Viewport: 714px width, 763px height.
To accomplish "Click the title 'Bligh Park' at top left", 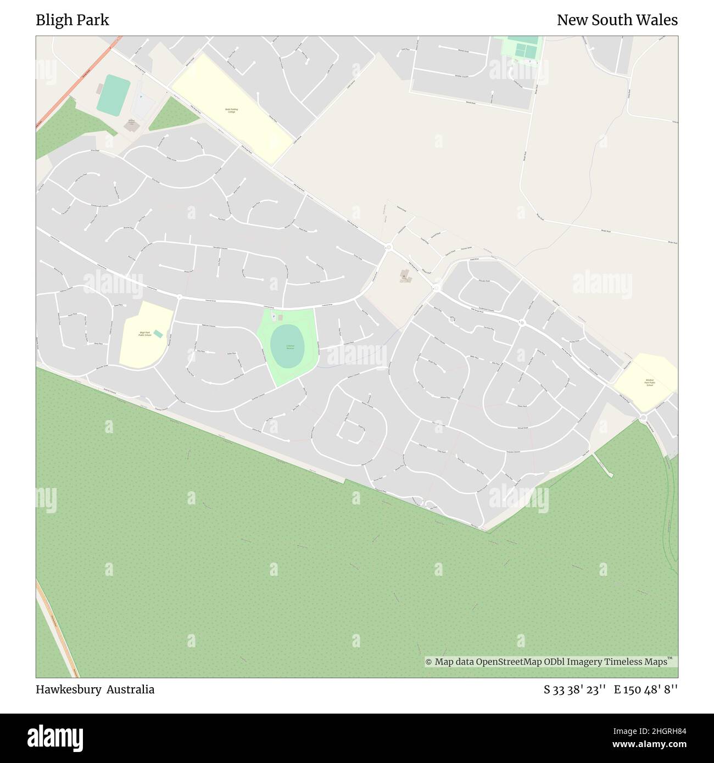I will click(72, 20).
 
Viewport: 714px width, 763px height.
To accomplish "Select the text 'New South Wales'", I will click(617, 20).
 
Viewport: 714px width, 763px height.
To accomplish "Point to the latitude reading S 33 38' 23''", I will click(574, 689).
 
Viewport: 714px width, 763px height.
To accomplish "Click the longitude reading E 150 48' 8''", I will click(646, 689).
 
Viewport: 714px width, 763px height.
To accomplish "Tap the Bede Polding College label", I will click(231, 110).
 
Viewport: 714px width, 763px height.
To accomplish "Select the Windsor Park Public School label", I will click(650, 382).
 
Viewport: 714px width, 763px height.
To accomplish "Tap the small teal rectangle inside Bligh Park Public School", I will click(158, 334).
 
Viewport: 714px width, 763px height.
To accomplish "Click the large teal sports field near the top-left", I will click(114, 95).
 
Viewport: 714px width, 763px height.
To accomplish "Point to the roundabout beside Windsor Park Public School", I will click(643, 419).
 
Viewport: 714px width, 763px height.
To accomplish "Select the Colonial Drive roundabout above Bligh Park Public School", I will click(179, 297).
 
